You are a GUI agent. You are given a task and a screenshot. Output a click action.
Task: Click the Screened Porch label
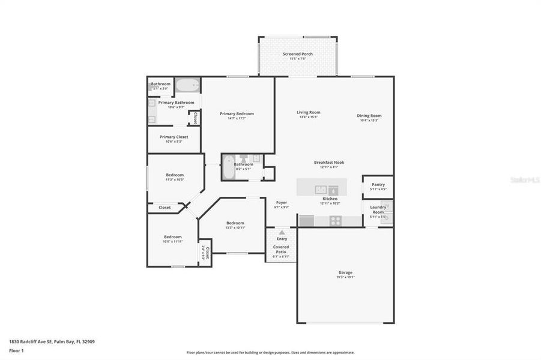tap(297, 54)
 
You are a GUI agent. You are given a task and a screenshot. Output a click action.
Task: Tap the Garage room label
tap(345, 272)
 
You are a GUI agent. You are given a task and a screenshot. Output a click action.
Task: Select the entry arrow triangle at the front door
tap(281, 232)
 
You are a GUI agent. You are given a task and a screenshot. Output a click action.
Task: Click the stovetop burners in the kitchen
tap(336, 220)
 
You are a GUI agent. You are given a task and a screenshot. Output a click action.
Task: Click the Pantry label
tap(378, 184)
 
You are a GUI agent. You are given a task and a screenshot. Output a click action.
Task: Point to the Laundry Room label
tap(378, 209)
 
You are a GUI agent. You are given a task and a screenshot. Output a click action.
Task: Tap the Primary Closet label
tap(174, 137)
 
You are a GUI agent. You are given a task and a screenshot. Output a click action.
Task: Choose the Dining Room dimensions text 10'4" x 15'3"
tap(369, 121)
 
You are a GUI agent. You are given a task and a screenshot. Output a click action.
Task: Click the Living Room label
tap(309, 112)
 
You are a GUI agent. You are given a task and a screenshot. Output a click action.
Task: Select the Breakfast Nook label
tap(329, 162)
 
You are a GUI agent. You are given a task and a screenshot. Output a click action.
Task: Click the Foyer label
tap(282, 203)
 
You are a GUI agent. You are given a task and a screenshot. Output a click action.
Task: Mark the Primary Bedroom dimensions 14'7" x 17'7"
tap(237, 118)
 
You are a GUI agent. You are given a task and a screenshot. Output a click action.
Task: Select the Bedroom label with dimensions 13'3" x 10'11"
tap(235, 223)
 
